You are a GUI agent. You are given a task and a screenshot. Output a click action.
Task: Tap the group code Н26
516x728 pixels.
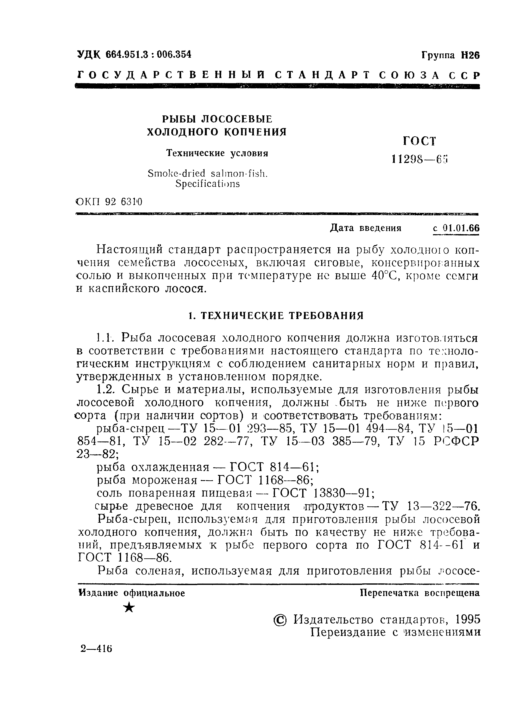(470, 55)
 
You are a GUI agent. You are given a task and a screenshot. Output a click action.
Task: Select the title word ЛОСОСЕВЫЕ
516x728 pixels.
(237, 119)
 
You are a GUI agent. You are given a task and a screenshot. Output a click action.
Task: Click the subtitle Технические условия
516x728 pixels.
(217, 153)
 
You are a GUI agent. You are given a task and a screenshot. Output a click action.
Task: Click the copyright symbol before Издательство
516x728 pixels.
(280, 620)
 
